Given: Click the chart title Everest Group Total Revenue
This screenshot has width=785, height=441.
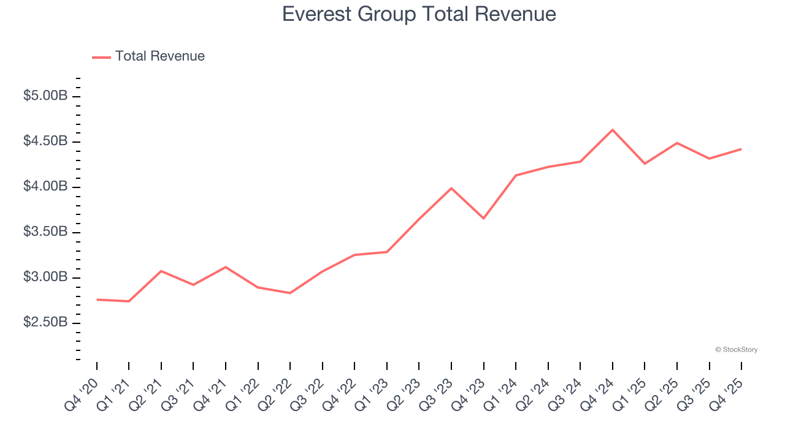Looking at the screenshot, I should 419,14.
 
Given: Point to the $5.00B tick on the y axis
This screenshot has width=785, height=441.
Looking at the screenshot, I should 45,96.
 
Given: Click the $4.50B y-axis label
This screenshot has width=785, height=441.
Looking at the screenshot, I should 45,141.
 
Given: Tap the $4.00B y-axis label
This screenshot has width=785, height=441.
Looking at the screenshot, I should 45,187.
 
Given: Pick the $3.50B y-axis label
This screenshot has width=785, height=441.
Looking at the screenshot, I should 45,232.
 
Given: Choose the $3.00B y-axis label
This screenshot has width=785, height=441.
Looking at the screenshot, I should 45,277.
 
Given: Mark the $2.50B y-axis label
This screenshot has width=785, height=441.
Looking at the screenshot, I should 45,323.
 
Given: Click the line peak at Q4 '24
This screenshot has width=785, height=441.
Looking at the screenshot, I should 613,130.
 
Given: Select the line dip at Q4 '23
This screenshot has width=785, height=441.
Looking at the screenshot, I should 484,218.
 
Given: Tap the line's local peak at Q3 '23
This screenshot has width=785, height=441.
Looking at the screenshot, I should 451,188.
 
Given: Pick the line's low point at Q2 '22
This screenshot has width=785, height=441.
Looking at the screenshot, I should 290,293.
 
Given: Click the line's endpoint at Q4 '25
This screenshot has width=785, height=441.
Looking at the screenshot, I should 741,149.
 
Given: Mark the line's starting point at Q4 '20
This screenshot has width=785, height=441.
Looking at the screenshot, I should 97,300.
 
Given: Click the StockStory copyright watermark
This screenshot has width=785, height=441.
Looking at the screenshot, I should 736,350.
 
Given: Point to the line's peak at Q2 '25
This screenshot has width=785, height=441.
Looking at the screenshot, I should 677,143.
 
